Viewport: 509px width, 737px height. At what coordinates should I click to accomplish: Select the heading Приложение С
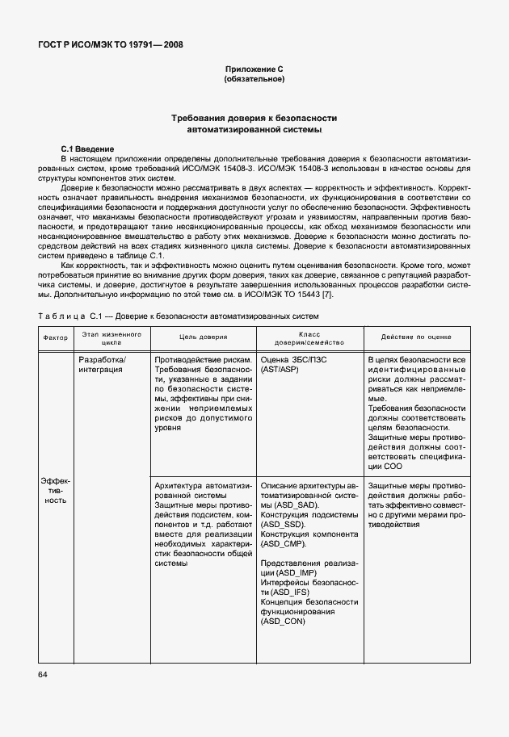tap(254, 70)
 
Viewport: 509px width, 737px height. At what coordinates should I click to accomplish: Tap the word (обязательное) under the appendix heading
tap(254, 80)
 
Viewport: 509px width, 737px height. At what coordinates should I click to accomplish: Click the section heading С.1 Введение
tap(88, 149)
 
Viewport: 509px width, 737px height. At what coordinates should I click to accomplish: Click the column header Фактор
tap(55, 337)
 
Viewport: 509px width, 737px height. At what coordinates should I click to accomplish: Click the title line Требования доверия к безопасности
tap(254, 119)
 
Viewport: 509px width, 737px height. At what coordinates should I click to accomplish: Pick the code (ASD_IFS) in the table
tap(282, 592)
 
